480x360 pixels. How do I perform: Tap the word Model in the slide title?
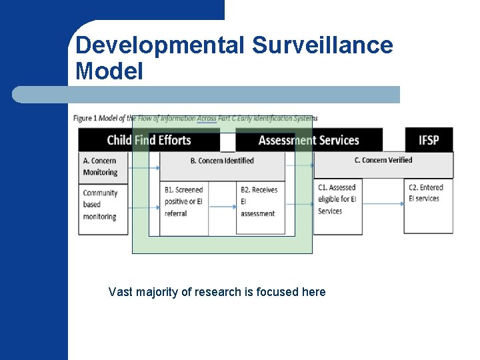coord(109,71)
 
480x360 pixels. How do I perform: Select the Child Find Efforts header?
coord(149,140)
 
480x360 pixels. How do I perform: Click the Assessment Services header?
coord(309,140)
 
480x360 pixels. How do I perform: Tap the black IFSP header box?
coord(429,140)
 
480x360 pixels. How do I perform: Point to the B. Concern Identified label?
coord(222,161)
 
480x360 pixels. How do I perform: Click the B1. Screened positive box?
coord(184,202)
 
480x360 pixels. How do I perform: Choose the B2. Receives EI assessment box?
coord(259,202)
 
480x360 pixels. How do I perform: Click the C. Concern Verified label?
coord(383,160)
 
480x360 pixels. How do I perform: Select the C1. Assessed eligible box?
coord(337,199)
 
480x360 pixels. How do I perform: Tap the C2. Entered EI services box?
coord(428,193)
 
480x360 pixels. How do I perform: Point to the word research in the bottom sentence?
coord(219,292)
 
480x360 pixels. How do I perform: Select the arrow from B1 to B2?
coord(223,207)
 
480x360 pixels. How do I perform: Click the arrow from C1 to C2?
coord(384,203)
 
